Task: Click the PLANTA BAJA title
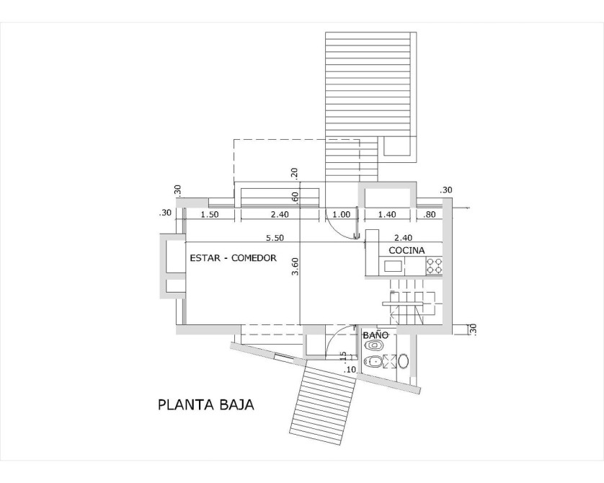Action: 206,405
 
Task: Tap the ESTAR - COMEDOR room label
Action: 233,257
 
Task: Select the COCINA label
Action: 407,250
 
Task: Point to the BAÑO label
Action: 376,335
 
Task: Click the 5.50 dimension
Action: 275,238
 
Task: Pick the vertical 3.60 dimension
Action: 295,267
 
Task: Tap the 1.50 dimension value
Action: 210,215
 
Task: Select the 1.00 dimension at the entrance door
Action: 342,215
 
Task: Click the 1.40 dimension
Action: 387,215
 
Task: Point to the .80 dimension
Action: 429,215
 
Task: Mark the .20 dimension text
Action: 295,174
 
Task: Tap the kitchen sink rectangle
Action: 393,266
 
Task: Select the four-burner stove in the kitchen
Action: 434,266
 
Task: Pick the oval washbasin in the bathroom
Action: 404,362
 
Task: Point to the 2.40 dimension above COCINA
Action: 404,238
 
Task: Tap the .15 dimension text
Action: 343,357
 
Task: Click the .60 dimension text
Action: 295,198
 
